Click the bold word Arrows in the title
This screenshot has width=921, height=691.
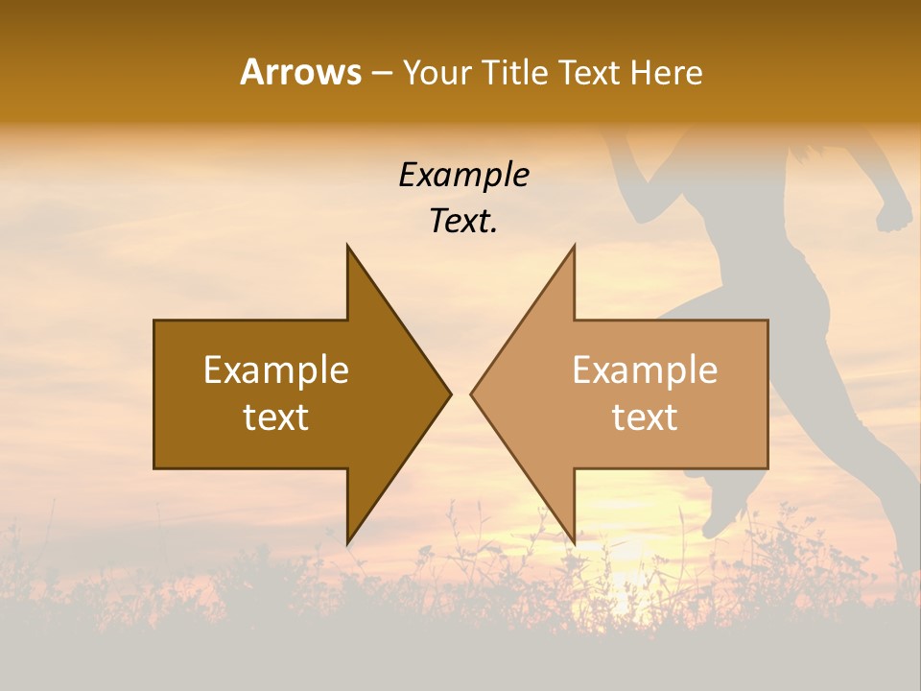[x=300, y=72]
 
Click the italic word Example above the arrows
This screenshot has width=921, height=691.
[x=463, y=175]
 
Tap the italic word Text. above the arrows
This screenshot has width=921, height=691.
[x=463, y=222]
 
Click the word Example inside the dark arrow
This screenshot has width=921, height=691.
[x=276, y=370]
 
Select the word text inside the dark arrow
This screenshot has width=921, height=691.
[x=276, y=417]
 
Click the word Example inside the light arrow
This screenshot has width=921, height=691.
[x=645, y=370]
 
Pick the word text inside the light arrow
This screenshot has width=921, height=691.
[x=645, y=417]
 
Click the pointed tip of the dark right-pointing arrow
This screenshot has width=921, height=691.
[x=450, y=393]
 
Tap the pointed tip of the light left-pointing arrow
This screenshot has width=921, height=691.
[x=472, y=393]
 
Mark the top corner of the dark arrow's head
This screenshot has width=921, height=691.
[x=347, y=246]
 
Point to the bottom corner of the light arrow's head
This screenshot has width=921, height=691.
[x=575, y=543]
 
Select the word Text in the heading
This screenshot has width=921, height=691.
[x=589, y=72]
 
